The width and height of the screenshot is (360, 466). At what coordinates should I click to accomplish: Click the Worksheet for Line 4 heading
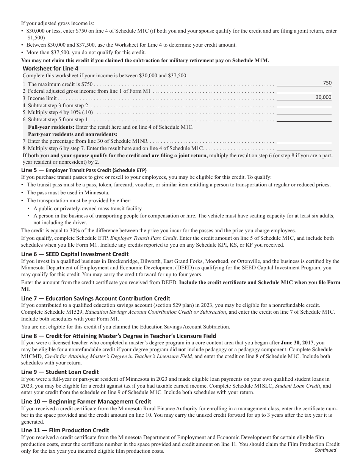(x=50, y=69)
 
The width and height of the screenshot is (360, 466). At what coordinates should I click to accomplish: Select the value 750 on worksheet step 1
(x=327, y=83)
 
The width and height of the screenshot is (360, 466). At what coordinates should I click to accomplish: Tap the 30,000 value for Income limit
(x=323, y=97)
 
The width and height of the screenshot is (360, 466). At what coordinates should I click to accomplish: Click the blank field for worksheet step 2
(x=304, y=91)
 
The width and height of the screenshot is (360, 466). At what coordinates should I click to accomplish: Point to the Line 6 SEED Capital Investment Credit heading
(x=75, y=254)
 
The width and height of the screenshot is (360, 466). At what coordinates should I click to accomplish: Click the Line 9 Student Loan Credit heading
(x=60, y=372)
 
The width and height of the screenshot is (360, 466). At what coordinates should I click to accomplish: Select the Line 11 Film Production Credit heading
(x=65, y=430)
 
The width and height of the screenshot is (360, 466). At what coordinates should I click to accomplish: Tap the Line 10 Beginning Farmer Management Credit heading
(x=86, y=402)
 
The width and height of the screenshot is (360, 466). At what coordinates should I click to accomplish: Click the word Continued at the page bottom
(x=325, y=450)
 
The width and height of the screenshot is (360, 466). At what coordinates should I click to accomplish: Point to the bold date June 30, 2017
(x=297, y=342)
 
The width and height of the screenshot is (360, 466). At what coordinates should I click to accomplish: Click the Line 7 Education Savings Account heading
(x=95, y=299)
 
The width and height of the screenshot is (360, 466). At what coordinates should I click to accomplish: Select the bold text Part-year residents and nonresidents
(x=73, y=134)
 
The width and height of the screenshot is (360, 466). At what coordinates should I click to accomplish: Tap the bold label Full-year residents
(x=51, y=127)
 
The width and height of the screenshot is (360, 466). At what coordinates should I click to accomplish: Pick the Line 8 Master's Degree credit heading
(x=118, y=336)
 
